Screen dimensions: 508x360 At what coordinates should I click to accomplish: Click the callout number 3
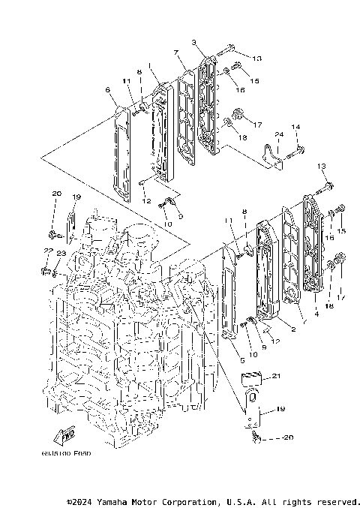pos(193,43)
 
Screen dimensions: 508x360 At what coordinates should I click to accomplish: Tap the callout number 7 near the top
pos(175,53)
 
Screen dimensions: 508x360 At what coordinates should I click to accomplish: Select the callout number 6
pos(108,90)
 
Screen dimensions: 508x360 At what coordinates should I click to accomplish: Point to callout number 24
pos(277,134)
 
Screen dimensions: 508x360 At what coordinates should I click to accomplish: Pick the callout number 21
pos(275,376)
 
